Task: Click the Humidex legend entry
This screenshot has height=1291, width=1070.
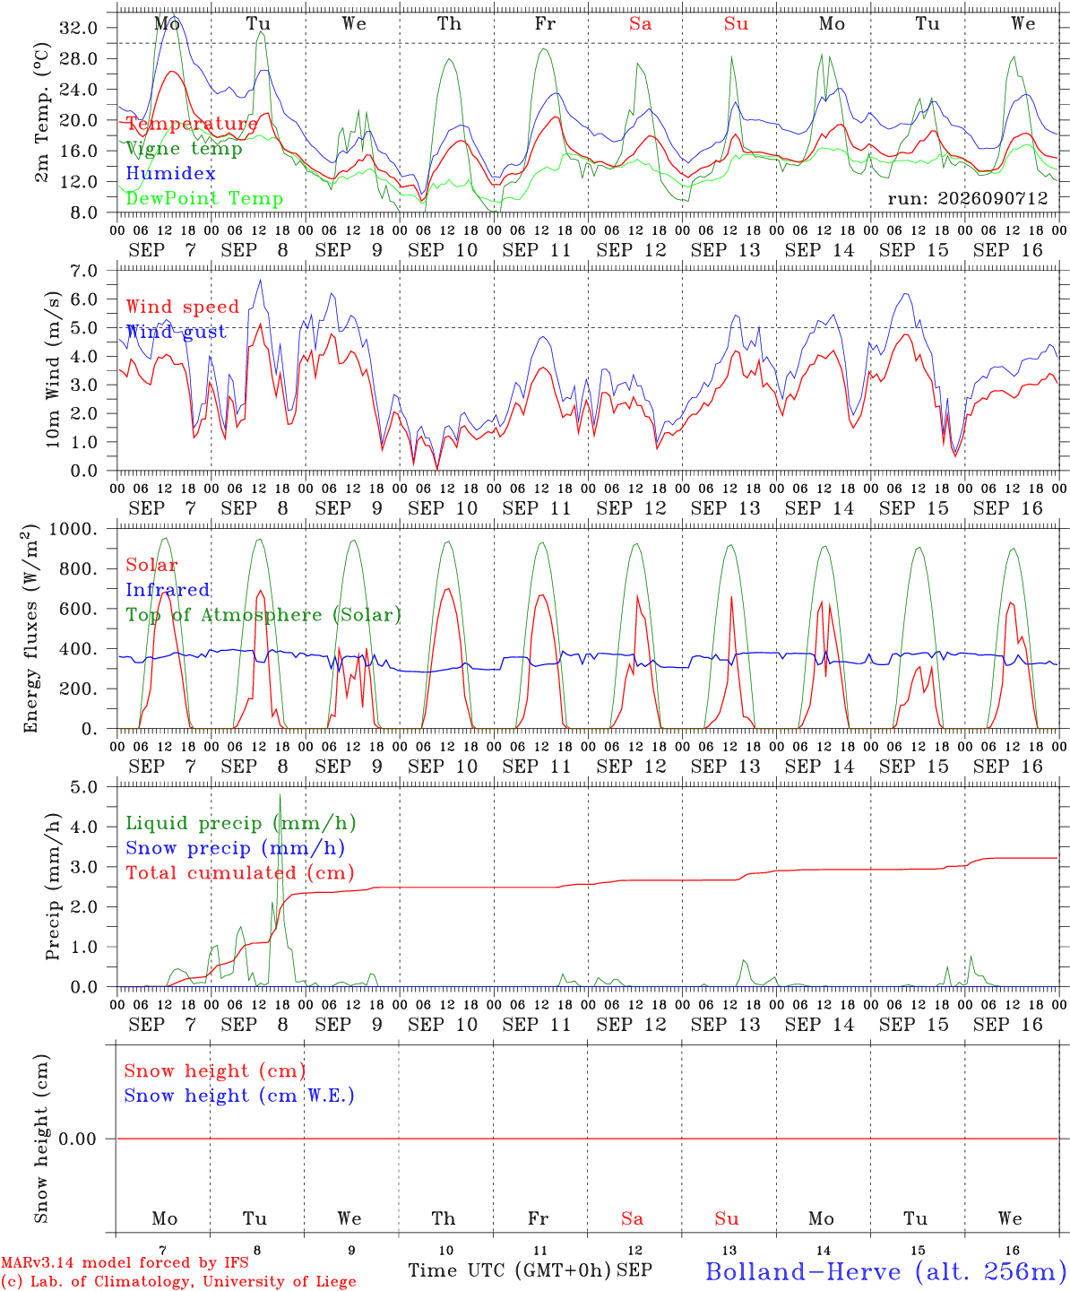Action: point(170,173)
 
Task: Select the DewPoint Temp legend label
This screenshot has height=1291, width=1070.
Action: point(204,198)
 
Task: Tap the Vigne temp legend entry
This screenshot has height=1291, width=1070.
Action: point(185,149)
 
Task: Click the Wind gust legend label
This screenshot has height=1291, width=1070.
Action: point(177,332)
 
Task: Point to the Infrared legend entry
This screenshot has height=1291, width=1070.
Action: point(168,590)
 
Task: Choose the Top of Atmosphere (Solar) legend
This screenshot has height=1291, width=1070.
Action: point(264,615)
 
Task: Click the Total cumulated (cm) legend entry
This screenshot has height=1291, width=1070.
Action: point(240,872)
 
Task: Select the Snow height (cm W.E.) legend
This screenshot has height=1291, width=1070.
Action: point(239,1095)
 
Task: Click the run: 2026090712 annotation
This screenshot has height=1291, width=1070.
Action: point(968,198)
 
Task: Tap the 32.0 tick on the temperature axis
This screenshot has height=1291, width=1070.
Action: point(79,28)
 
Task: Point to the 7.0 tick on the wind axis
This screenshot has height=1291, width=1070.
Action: point(84,271)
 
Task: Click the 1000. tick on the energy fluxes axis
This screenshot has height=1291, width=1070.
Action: point(73,529)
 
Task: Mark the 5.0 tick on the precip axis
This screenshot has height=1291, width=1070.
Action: point(84,787)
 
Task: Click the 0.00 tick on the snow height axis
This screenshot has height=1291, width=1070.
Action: point(77,1139)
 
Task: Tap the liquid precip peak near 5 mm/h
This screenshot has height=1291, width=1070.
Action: point(280,795)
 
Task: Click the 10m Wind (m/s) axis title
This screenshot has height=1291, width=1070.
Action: point(53,369)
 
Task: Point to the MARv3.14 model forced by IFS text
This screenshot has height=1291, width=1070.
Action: point(125,1262)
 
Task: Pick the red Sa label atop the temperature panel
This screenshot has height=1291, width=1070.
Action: point(641,23)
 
